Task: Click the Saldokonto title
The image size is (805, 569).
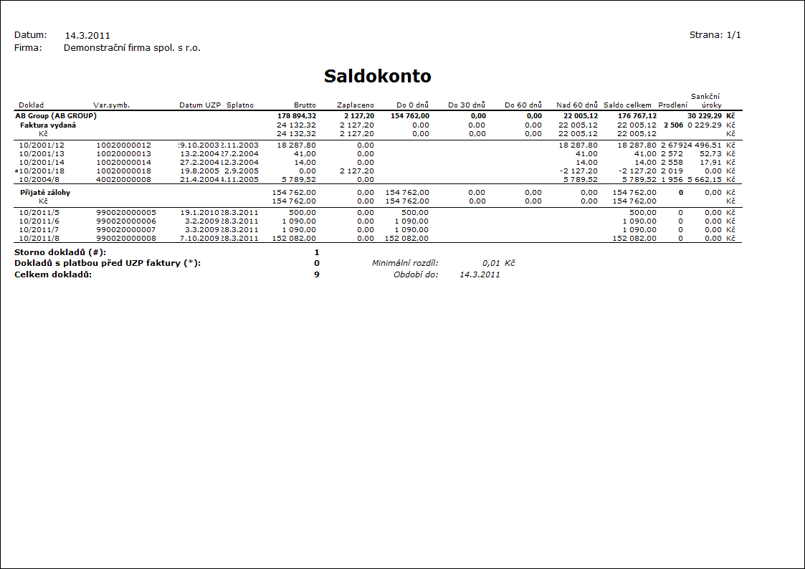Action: click(377, 77)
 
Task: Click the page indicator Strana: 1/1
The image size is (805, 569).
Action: click(715, 35)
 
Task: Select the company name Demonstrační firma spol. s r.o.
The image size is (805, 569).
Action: click(132, 48)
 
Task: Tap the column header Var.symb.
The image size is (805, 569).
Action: click(111, 105)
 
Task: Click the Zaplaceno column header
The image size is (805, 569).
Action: click(355, 105)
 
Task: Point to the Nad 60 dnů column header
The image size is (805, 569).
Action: click(576, 105)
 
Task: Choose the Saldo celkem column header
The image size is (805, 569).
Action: click(627, 105)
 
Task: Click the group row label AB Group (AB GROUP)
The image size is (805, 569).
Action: click(56, 115)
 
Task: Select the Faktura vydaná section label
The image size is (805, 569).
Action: click(48, 125)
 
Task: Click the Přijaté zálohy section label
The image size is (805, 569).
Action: click(44, 193)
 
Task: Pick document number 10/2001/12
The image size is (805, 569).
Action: click(42, 145)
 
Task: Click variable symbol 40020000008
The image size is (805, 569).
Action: click(123, 179)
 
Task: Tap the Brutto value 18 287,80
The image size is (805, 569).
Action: click(296, 145)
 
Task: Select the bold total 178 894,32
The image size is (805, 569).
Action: click(296, 115)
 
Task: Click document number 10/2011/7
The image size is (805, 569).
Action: click(40, 230)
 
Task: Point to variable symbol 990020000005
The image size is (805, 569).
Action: click(126, 213)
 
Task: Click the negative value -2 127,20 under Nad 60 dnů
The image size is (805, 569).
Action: click(580, 171)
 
